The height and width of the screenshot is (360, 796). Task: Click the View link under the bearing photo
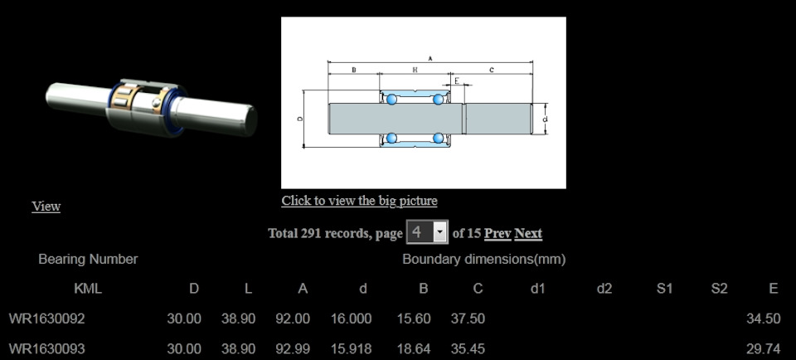[x=46, y=207]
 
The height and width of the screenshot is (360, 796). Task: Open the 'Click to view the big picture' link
[x=359, y=201]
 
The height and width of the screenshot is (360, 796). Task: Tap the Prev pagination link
[x=498, y=233]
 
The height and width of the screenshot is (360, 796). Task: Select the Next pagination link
[x=528, y=233]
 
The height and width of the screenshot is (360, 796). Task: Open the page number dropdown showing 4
[x=427, y=232]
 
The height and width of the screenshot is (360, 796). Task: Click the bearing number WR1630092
[x=46, y=319]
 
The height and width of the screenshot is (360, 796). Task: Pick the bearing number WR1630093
[x=46, y=349]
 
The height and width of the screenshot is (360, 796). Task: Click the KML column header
[x=88, y=289]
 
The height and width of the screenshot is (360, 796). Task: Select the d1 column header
[x=537, y=289]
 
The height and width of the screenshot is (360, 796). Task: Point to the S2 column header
[x=720, y=289]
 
